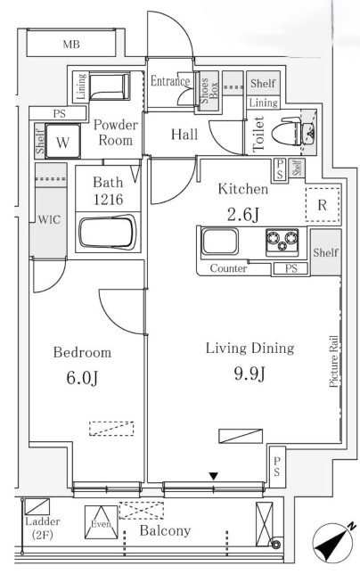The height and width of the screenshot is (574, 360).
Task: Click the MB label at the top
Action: pos(71,45)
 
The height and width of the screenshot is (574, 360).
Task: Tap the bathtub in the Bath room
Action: pos(108,233)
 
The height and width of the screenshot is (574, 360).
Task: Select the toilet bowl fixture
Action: pos(287,131)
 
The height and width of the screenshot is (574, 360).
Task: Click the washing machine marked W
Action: pos(62,142)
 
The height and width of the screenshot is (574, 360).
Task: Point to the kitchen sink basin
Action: pos(220,242)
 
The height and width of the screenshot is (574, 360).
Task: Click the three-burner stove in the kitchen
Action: pos(282,242)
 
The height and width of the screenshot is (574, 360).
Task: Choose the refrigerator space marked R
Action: pos(323,205)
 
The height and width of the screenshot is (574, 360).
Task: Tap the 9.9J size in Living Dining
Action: pos(250,373)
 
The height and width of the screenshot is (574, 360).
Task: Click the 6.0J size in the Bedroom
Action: pos(82,377)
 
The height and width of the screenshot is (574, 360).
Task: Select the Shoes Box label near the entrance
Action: pos(209,91)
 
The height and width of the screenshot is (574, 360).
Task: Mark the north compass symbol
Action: pos(333,543)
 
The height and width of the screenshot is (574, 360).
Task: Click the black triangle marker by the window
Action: pos(214,476)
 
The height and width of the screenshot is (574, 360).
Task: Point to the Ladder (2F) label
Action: pos(43,528)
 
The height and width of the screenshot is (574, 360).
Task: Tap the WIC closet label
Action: pos(49,219)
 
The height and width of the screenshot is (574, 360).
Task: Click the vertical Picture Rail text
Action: pos(333,362)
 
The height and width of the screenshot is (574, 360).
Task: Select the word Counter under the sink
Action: pos(228,268)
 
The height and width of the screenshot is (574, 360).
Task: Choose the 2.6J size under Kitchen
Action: pos(243,214)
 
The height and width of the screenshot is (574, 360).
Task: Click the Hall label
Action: pos(184,135)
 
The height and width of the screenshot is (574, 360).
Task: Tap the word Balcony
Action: pos(165,530)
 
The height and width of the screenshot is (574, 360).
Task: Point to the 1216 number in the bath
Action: pos(108,200)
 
